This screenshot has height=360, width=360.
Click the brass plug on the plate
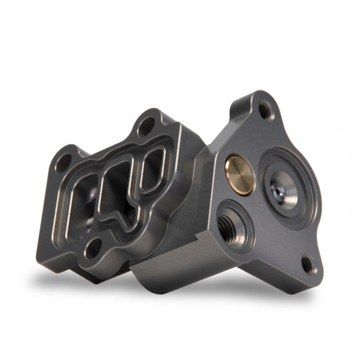coord(240,174)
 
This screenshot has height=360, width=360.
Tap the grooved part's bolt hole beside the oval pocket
coord(146,126)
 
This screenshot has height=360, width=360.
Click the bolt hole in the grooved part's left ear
coord(65,160)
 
